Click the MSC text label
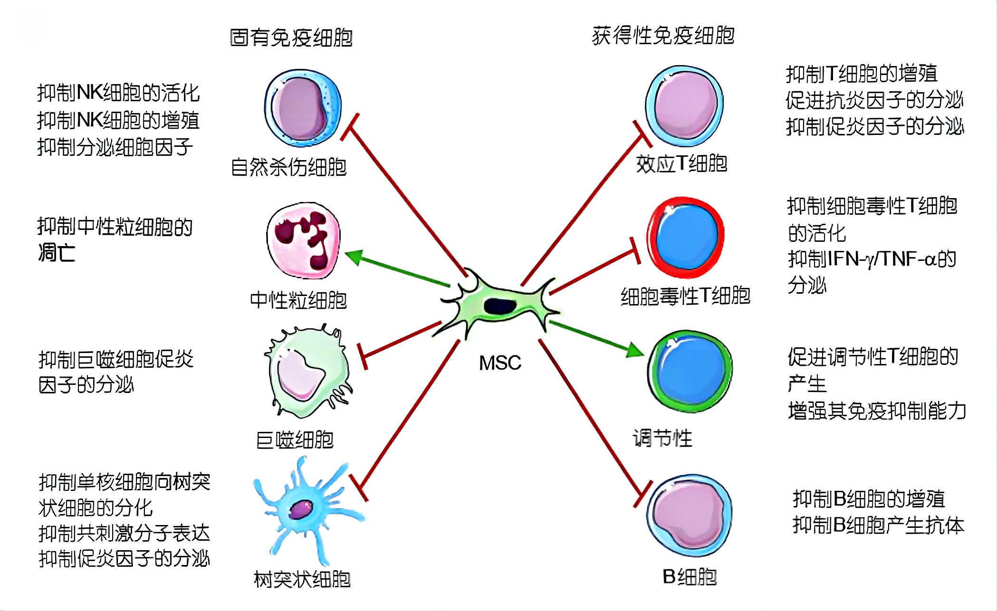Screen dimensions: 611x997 [x=500, y=363]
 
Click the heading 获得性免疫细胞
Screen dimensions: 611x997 [x=663, y=36]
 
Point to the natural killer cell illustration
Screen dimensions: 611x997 [x=303, y=108]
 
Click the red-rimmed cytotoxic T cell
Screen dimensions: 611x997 [x=685, y=237]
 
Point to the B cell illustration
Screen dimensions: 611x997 [x=689, y=516]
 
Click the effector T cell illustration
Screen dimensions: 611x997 [x=684, y=105]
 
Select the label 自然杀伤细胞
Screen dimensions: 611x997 [x=288, y=167]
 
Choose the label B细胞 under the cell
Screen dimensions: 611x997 [x=690, y=577]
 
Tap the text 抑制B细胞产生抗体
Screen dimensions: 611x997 [x=878, y=525]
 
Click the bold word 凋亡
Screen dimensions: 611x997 [x=57, y=253]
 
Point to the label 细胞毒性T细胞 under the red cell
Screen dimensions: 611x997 [x=685, y=296]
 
